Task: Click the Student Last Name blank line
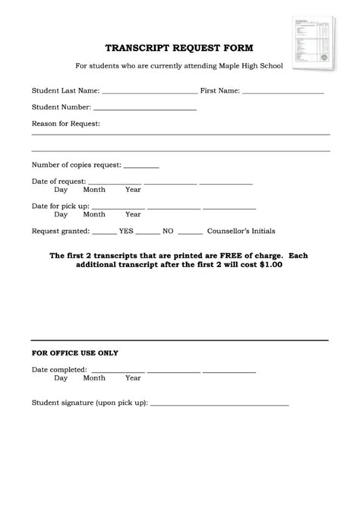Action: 149,93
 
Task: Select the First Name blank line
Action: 283,93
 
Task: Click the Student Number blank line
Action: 145,109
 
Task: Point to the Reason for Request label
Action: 66,123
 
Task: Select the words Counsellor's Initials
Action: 242,231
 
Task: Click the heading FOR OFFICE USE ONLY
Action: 74,352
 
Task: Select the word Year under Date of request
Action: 133,190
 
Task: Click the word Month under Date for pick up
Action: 94,214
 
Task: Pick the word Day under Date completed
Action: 61,377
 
